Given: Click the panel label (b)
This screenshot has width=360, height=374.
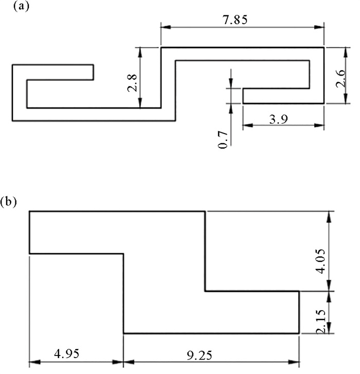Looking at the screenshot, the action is click(10, 201).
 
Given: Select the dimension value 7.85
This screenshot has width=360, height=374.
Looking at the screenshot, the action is click(242, 20).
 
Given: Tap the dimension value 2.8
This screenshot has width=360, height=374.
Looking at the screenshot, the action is click(132, 82).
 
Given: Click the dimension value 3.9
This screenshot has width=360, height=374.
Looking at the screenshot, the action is click(283, 119).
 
